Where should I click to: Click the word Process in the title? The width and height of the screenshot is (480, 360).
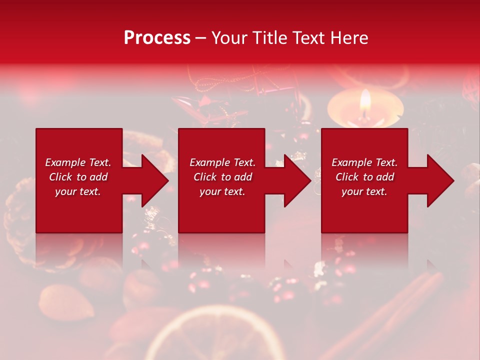(157, 38)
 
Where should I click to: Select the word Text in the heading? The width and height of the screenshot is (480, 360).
(309, 38)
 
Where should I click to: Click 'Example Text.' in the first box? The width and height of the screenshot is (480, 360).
(78, 162)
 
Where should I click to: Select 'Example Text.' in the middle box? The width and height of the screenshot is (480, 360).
(222, 162)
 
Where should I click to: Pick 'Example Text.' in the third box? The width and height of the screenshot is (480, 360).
(364, 162)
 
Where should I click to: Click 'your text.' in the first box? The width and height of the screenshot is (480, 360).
(78, 191)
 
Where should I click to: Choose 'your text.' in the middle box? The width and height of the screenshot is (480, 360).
(222, 191)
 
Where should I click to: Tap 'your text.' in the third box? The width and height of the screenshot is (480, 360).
(364, 191)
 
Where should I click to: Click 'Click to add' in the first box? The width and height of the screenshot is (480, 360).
(78, 177)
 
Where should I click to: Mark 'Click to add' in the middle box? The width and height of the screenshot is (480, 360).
(222, 177)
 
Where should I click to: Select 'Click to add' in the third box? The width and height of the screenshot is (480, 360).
(364, 177)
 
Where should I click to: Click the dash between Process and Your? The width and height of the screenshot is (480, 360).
(200, 38)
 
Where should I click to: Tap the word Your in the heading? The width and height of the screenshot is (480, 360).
(229, 38)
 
